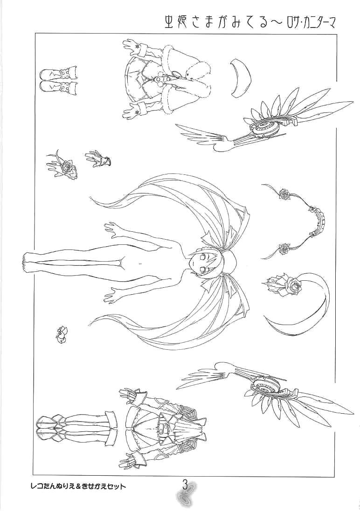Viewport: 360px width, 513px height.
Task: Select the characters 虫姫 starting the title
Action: (176, 22)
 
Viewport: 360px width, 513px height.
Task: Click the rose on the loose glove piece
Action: (68, 166)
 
